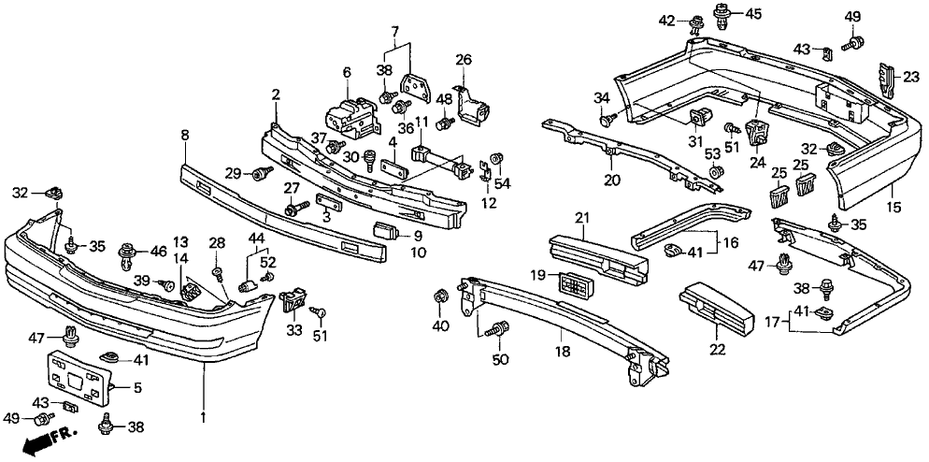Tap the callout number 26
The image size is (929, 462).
click(464, 61)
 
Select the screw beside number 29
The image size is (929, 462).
click(261, 172)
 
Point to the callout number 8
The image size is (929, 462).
click(185, 136)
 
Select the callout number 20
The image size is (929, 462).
click(610, 180)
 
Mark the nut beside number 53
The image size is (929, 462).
click(714, 172)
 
